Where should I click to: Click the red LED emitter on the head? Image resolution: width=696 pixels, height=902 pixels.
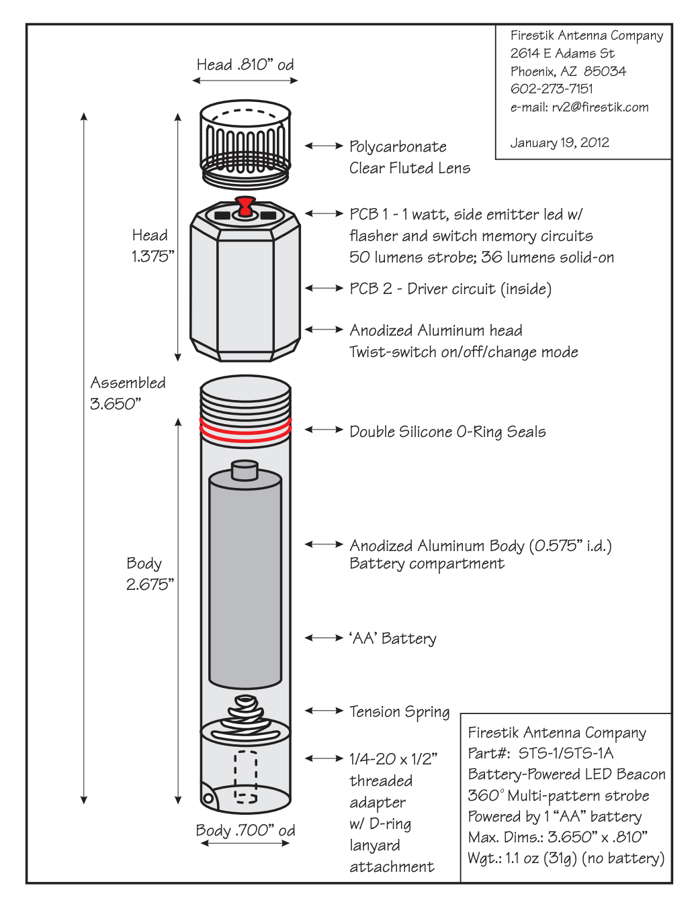pos(246,205)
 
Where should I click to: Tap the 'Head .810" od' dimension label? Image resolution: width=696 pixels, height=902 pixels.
pos(245,65)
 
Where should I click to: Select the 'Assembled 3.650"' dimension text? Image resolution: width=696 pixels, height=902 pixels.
pos(128,393)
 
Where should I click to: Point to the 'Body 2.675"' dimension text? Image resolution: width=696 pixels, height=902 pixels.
pos(149,574)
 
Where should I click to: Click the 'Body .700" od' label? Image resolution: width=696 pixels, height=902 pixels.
pos(245,831)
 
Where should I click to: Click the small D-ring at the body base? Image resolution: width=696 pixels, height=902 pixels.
pos(208,798)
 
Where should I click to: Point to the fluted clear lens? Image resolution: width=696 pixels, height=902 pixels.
pos(245,144)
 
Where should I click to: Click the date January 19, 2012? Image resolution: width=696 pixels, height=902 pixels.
pos(560,143)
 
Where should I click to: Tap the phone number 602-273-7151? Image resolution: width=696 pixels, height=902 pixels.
pos(552,89)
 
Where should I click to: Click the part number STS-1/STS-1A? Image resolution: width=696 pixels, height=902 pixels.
pos(566,754)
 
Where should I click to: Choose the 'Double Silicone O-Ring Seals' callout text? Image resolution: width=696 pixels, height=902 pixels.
pos(447,432)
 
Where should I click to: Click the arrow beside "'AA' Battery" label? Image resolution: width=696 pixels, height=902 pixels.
pos(324,638)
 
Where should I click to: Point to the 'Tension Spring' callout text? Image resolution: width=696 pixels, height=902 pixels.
pos(400,712)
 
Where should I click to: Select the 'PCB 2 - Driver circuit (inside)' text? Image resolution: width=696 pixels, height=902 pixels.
pos(450,289)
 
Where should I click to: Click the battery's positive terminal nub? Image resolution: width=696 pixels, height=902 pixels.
pos(245,469)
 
